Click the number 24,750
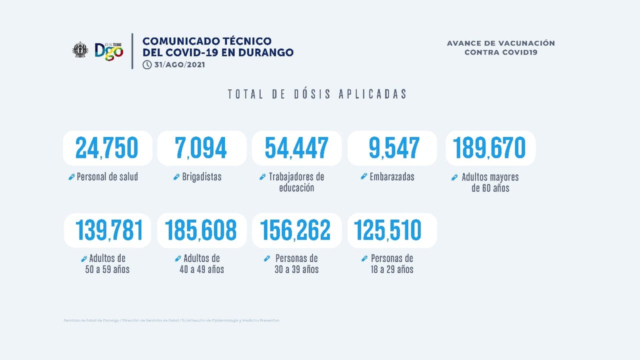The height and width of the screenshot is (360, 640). (x=106, y=148)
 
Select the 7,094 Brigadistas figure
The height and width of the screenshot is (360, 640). (x=201, y=148)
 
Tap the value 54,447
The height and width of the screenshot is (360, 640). (x=296, y=148)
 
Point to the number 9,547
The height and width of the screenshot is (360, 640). (x=394, y=148)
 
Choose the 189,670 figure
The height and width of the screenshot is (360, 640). (x=489, y=148)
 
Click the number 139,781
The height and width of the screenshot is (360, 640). (x=109, y=230)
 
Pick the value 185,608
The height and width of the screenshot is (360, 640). (x=201, y=230)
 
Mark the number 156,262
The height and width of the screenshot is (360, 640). (x=296, y=230)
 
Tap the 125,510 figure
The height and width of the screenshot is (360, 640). (x=388, y=230)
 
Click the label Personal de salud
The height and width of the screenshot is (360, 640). (x=107, y=177)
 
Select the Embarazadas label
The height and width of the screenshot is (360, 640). (x=392, y=177)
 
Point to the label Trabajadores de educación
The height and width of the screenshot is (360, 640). (x=296, y=182)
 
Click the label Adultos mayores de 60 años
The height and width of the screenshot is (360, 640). (x=490, y=182)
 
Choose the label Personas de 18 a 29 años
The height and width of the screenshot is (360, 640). (x=391, y=264)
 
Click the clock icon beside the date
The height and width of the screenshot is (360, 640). (x=146, y=64)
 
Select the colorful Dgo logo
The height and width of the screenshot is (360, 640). (x=109, y=50)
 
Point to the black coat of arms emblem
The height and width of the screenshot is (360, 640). (x=79, y=50)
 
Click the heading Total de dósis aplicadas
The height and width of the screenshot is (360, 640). (x=317, y=94)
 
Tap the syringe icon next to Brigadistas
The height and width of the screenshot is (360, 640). (x=176, y=177)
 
